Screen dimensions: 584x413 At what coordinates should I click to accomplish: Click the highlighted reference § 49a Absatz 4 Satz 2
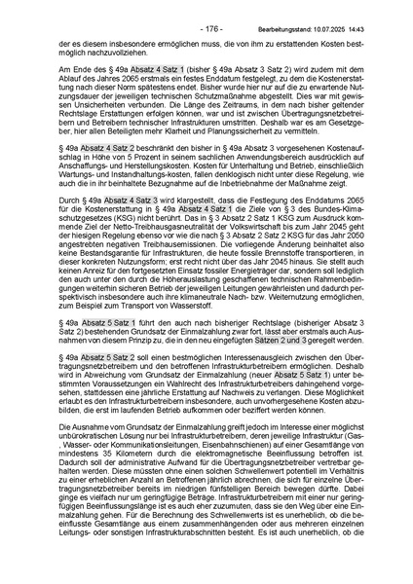tap(100, 170)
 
